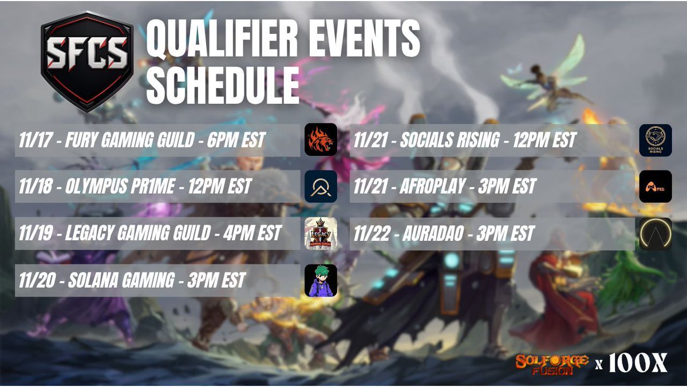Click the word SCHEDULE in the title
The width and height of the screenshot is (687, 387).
[223, 87]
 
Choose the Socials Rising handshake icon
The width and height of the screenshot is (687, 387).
[655, 140]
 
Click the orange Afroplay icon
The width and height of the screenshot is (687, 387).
[655, 187]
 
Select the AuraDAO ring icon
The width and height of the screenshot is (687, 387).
[655, 233]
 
